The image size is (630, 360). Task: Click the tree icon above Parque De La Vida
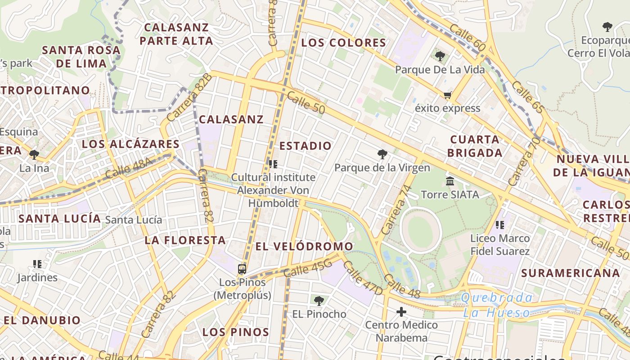(440, 56)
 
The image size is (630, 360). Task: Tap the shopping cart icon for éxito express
(447, 95)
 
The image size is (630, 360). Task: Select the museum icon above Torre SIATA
(450, 181)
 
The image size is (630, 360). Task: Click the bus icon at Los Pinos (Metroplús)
(242, 269)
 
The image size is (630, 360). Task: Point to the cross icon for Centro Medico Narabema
(401, 311)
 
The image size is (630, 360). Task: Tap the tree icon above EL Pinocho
(319, 300)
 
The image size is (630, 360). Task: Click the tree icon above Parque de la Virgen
(382, 154)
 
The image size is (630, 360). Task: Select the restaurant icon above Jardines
(37, 264)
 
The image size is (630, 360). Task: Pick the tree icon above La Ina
(34, 155)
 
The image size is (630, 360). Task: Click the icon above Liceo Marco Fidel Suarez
(499, 225)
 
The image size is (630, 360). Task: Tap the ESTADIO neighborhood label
(306, 146)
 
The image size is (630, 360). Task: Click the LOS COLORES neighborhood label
(343, 43)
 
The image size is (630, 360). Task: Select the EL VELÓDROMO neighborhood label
(304, 246)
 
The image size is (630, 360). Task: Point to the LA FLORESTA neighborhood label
(185, 240)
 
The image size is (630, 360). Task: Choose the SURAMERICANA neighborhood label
(570, 273)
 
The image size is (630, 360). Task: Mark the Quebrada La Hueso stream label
(497, 305)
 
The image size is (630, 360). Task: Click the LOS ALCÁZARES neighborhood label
(130, 144)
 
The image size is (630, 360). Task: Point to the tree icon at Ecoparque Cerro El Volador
(607, 27)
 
